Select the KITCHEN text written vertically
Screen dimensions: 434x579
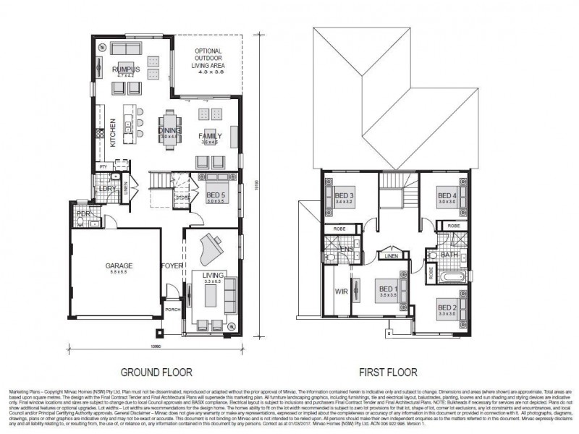pyautogui.click(x=113, y=132)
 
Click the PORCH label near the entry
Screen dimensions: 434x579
pyautogui.click(x=172, y=310)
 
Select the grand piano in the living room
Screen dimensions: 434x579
pyautogui.click(x=212, y=247)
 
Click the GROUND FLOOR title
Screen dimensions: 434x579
pyautogui.click(x=156, y=373)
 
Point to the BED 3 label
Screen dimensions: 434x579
pyautogui.click(x=343, y=195)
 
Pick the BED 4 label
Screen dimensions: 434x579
pyautogui.click(x=447, y=195)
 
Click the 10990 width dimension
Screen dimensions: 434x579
pyautogui.click(x=155, y=346)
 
